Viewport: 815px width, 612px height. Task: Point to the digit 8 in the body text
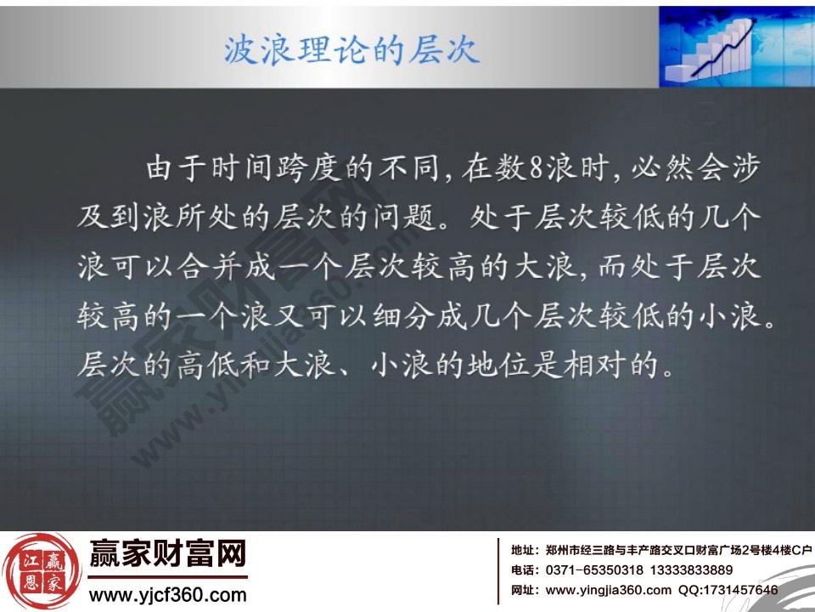(x=534, y=168)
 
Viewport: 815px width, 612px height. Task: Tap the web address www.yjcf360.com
(x=168, y=594)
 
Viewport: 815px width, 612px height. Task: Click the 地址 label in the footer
(x=523, y=550)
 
